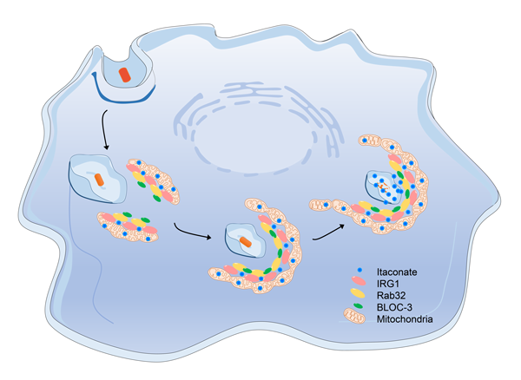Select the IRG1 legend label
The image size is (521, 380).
(x=388, y=284)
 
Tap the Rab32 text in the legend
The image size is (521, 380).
(x=391, y=296)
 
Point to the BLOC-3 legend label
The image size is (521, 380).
(x=393, y=308)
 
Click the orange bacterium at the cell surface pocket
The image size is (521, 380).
(x=126, y=73)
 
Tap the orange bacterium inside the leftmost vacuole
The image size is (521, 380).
(x=101, y=180)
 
